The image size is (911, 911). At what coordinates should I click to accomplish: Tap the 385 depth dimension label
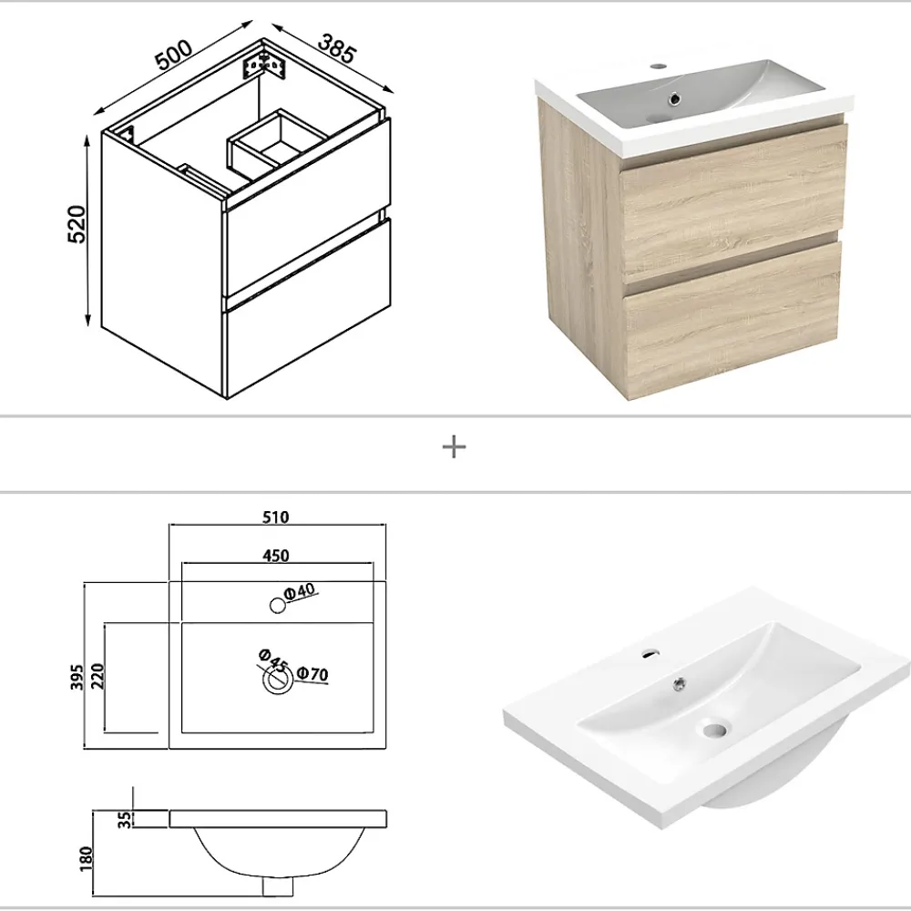(x=336, y=49)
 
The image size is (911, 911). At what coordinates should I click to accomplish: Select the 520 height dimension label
(x=77, y=224)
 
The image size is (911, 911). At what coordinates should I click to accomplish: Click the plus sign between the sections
(x=454, y=448)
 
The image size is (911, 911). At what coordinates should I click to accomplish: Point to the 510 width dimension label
(x=275, y=517)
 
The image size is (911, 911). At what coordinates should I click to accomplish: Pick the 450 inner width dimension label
(x=276, y=556)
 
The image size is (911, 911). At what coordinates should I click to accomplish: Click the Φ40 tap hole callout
(x=300, y=591)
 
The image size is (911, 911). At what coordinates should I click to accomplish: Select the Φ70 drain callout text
(x=312, y=674)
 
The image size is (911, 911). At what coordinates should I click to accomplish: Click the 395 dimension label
(x=77, y=678)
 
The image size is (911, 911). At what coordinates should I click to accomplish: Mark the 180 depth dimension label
(x=86, y=859)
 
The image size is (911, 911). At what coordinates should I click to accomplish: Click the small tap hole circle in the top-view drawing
(x=278, y=606)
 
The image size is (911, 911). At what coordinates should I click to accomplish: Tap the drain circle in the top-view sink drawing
(x=278, y=680)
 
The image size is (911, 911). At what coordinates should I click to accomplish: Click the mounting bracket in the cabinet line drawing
(x=264, y=66)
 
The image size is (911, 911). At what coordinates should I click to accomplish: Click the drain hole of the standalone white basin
(x=713, y=729)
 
